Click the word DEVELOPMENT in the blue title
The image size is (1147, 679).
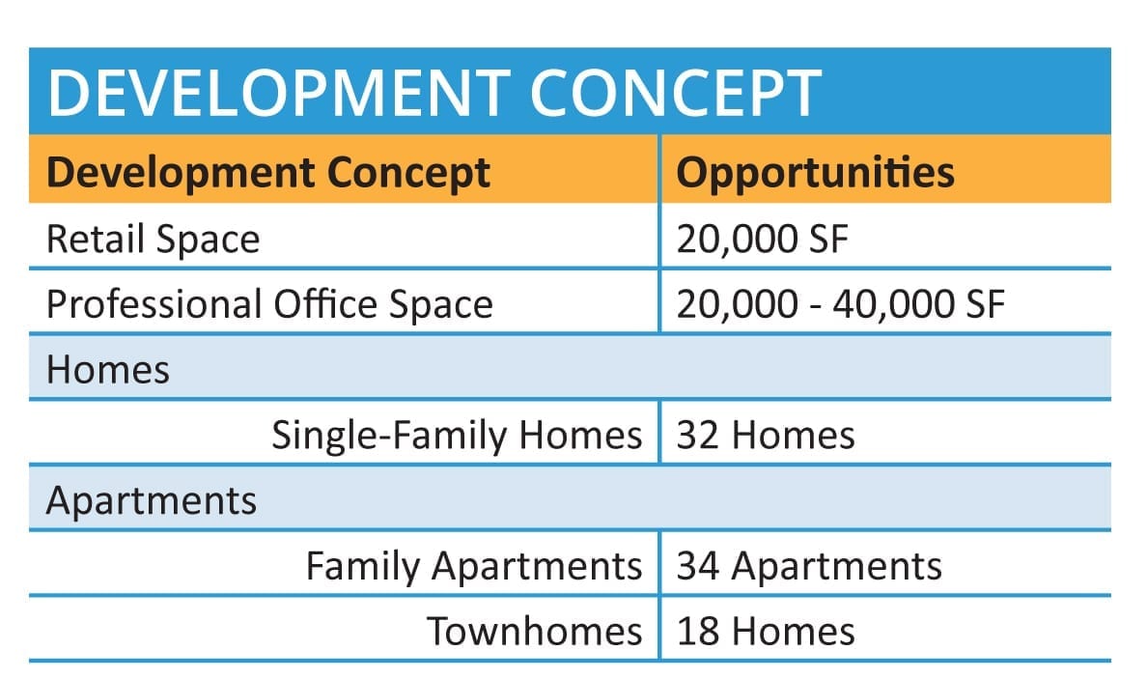[279, 93]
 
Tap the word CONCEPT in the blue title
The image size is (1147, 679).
[676, 93]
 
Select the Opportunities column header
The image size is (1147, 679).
[815, 172]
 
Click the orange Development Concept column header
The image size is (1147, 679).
[268, 173]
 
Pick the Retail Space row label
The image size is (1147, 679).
[153, 240]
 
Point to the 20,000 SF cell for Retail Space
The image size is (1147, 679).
[762, 240]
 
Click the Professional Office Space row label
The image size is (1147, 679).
[270, 303]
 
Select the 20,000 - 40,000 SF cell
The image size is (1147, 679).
[841, 304]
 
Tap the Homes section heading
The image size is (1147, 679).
[108, 370]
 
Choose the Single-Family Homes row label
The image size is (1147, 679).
[458, 435]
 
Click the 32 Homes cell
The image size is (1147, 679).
[766, 436]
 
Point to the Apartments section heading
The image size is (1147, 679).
[152, 501]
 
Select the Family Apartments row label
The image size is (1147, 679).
[474, 566]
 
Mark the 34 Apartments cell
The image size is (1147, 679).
[809, 566]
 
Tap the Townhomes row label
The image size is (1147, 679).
[535, 631]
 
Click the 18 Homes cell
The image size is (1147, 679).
[766, 631]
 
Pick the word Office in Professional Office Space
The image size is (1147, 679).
[325, 303]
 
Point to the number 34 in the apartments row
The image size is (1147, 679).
[698, 566]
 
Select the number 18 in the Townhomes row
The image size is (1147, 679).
[698, 631]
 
